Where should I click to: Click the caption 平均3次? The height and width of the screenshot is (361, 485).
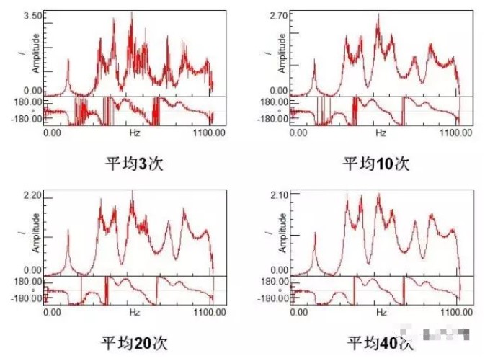(134, 163)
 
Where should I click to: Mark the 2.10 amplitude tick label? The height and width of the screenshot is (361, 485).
(279, 195)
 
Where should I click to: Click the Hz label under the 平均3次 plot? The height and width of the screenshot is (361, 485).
(134, 133)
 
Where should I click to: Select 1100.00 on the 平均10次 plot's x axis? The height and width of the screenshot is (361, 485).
(455, 133)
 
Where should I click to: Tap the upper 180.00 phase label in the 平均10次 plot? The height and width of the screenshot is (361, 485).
(277, 102)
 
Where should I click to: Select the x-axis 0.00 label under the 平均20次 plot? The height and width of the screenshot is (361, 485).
(53, 313)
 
